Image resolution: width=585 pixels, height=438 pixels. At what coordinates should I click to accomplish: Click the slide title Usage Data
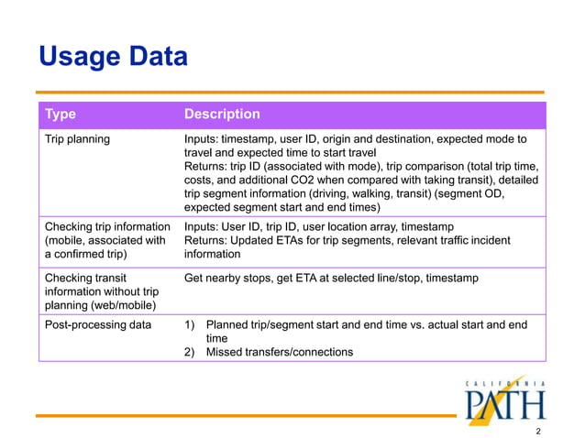coord(113,57)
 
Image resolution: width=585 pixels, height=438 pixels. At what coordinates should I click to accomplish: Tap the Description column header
coord(222,115)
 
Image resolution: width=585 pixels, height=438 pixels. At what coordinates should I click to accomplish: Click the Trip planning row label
coord(78,139)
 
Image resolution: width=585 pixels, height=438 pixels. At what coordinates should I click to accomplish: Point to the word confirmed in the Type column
coord(89,254)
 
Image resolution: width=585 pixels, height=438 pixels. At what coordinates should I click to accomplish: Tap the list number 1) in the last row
coord(191,323)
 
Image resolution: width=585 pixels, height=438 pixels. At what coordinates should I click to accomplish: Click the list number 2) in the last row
coord(191,352)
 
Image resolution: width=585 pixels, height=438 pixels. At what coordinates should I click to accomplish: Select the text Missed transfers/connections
coord(280,352)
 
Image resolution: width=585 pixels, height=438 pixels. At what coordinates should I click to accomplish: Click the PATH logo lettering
coord(504,403)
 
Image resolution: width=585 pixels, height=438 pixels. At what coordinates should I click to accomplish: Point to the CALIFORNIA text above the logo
coord(505,383)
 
